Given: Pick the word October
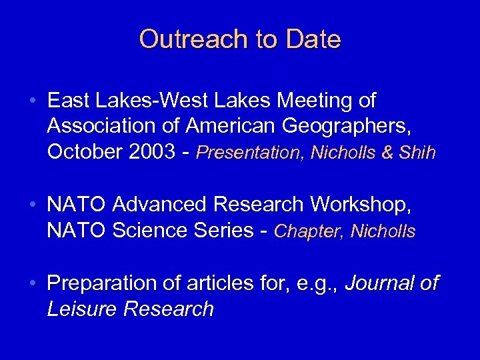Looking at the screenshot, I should [x=83, y=152].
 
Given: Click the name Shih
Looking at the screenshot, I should [x=417, y=153].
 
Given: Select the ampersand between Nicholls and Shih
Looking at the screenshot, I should [x=387, y=153].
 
